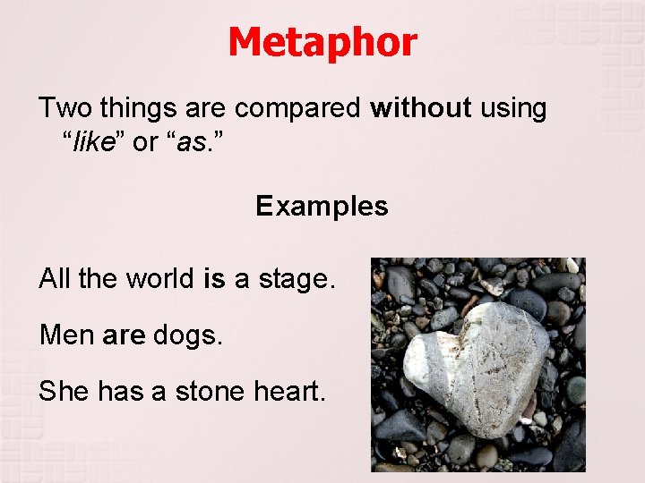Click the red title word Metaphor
click(x=322, y=43)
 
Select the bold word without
click(x=420, y=108)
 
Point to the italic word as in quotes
click(x=191, y=143)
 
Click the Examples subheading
click(x=322, y=207)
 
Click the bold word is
click(x=214, y=279)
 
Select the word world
click(x=159, y=279)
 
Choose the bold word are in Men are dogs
click(x=124, y=335)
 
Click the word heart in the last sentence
click(x=293, y=391)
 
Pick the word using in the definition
click(x=512, y=109)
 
